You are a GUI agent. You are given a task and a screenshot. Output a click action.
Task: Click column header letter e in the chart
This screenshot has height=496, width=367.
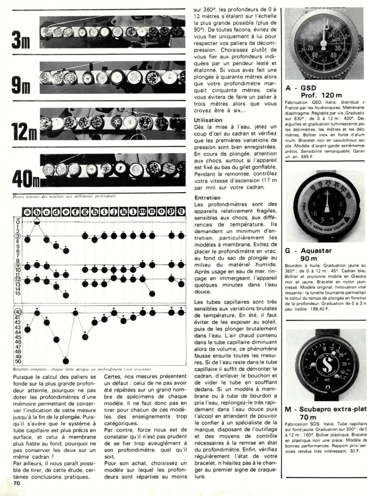[x=66, y=211]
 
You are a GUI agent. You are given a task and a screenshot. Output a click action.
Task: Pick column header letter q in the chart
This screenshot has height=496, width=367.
[x=181, y=211]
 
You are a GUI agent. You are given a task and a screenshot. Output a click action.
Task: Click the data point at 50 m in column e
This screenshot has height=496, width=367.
[x=66, y=360]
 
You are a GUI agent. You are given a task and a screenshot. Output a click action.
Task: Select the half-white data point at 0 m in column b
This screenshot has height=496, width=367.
[x=37, y=221]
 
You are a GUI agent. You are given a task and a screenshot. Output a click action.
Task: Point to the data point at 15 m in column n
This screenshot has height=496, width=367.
[x=152, y=293]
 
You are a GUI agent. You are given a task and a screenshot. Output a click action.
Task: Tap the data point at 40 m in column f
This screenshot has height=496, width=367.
[x=76, y=312]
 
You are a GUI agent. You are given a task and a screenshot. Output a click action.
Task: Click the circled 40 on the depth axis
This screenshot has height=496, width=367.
[x=18, y=312]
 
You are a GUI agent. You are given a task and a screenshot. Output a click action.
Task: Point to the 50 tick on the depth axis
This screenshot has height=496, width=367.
[x=18, y=361]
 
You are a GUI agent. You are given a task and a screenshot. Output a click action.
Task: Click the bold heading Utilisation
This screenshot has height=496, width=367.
[x=208, y=120]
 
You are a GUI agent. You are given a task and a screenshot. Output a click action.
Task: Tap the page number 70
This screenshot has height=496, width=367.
[x=16, y=483]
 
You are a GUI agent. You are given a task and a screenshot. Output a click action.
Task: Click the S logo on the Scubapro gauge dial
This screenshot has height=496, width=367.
[x=322, y=361]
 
